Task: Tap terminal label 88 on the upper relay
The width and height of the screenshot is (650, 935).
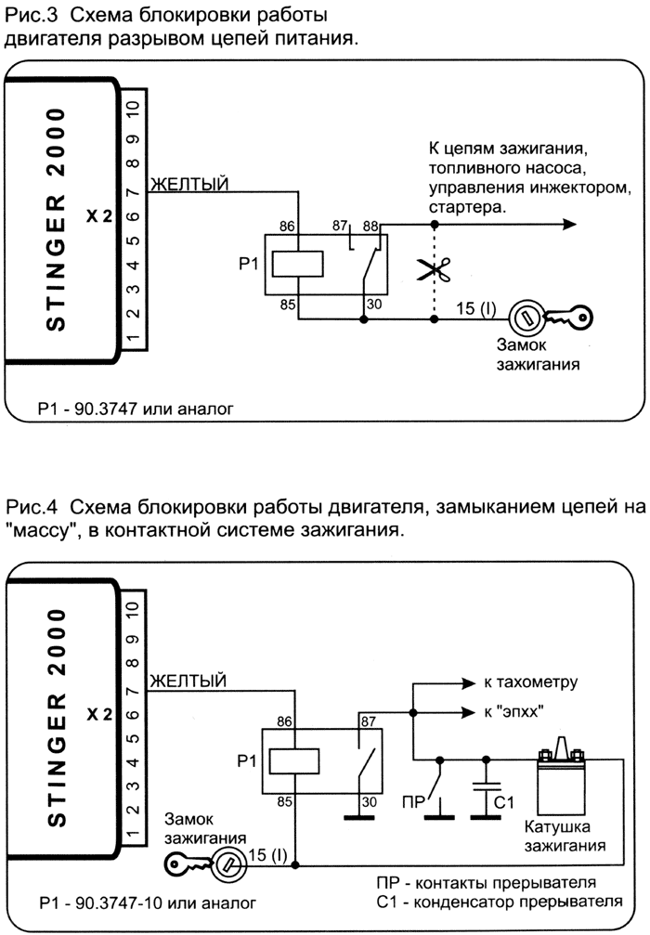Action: (371, 225)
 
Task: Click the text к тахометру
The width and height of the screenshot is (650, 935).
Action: (529, 682)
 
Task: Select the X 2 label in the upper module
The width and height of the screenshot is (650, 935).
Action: (99, 216)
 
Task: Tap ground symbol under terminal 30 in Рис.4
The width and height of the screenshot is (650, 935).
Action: (362, 817)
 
